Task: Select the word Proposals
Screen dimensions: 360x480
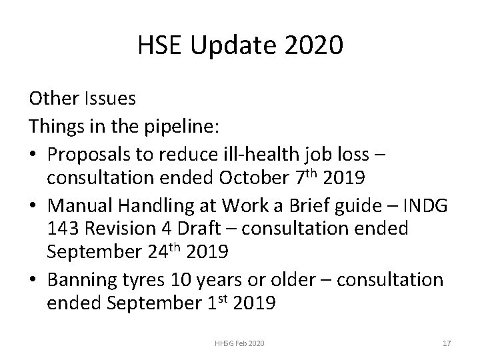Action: click(x=93, y=154)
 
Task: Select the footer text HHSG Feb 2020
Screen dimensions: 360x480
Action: click(x=239, y=343)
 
